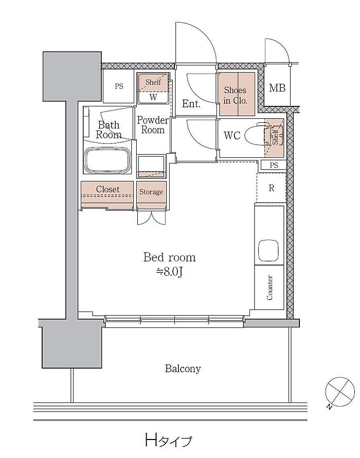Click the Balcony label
pyautogui.click(x=183, y=369)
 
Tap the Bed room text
pyautogui.click(x=170, y=258)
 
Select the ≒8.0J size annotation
pyautogui.click(x=170, y=272)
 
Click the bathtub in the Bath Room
pyautogui.click(x=107, y=161)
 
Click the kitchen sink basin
pyautogui.click(x=268, y=250)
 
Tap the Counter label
pyautogui.click(x=269, y=287)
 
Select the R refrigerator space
pyautogui.click(x=271, y=188)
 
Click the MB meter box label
pyautogui.click(x=277, y=87)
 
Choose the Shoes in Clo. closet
pyautogui.click(x=237, y=94)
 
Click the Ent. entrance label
pyautogui.click(x=191, y=103)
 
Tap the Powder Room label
pyautogui.click(x=153, y=125)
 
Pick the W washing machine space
pyautogui.click(x=153, y=97)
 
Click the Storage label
pyautogui.click(x=151, y=192)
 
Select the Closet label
pyautogui.click(x=108, y=189)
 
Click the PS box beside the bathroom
pyautogui.click(x=119, y=86)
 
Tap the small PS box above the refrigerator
pyautogui.click(x=274, y=166)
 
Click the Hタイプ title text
pyautogui.click(x=169, y=440)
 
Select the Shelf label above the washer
pyautogui.click(x=153, y=82)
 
